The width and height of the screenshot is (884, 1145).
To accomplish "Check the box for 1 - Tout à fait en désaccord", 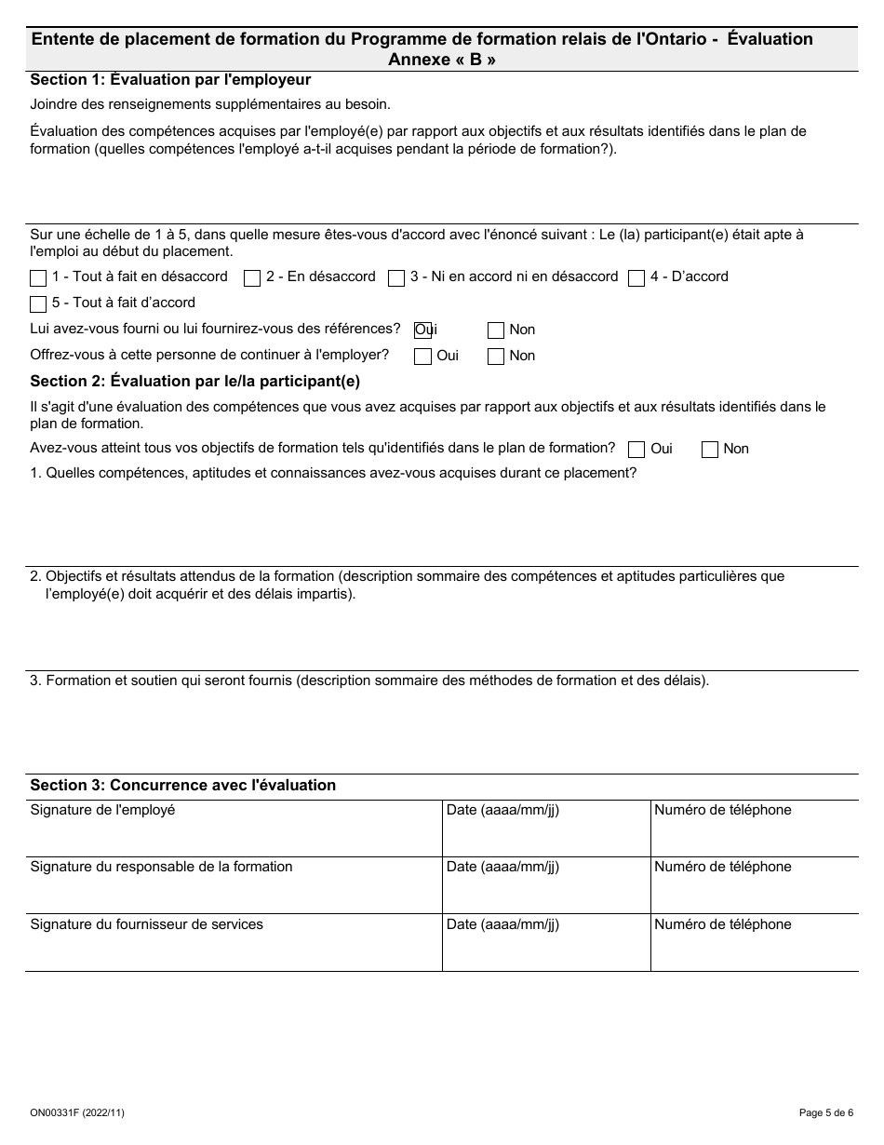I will point(38,277).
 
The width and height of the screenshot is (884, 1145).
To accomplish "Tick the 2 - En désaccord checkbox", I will point(251,277).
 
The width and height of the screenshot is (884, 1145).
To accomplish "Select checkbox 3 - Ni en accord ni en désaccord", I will point(395,277).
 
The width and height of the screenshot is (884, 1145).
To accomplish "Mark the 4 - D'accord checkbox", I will point(636,277).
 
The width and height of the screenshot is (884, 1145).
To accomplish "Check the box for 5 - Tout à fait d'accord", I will point(38,303).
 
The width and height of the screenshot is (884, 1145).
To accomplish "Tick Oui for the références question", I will point(422,330).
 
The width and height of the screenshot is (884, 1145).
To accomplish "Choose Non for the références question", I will point(496,330).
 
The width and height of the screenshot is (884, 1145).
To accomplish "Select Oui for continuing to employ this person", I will point(422,356).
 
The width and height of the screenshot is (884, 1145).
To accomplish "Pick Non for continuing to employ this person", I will point(496,356).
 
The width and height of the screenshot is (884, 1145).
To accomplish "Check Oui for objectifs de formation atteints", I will point(636,450).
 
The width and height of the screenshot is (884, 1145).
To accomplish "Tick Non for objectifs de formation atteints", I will point(710,450).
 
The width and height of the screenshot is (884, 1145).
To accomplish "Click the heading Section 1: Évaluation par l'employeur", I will point(170,80).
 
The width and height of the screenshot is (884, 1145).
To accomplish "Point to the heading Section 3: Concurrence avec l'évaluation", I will point(182,785).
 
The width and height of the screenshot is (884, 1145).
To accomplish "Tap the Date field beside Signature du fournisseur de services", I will point(545,950).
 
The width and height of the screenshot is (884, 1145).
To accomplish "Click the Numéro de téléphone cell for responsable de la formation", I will point(754,892).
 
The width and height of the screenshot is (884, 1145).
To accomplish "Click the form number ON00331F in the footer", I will point(77,1112).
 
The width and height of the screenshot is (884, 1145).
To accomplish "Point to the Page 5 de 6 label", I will point(825,1112).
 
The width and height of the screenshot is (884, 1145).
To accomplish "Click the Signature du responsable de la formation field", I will point(233,892).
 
